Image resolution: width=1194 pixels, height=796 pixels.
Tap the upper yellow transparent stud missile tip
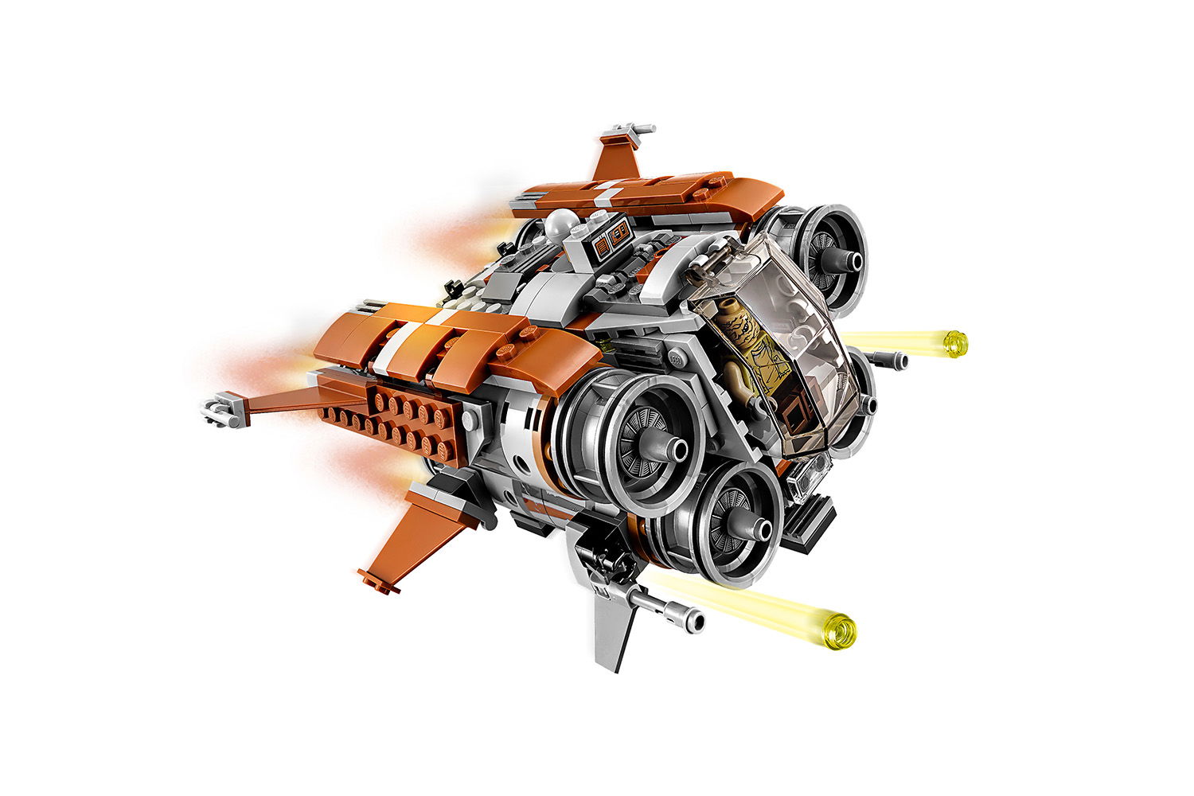tap(954, 342)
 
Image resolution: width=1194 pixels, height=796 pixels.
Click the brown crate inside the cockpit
tap(793, 414)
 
